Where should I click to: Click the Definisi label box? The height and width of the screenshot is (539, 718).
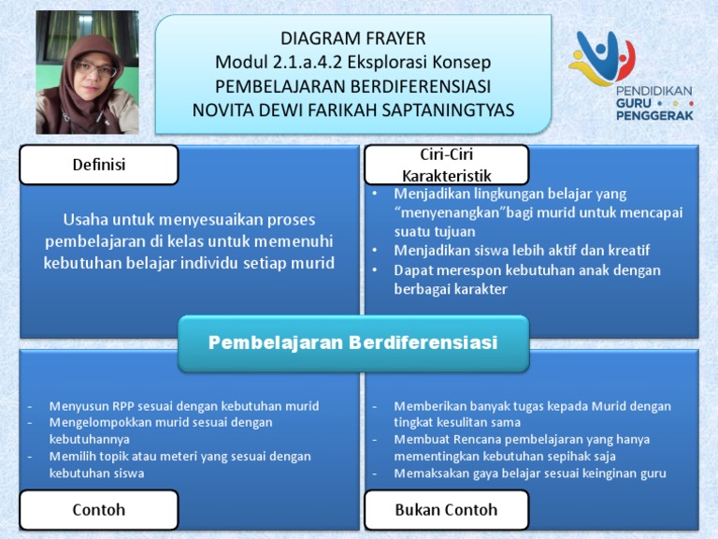[x=98, y=165]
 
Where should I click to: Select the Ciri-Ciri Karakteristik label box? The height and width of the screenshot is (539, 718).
[x=445, y=165]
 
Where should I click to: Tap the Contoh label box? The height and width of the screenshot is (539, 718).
[x=98, y=510]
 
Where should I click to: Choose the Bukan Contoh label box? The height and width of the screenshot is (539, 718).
[x=445, y=510]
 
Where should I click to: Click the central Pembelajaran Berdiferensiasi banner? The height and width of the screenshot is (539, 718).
[x=352, y=342]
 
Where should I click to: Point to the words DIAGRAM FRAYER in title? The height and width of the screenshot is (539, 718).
[x=352, y=38]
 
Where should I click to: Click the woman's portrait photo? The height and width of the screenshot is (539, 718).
[x=87, y=73]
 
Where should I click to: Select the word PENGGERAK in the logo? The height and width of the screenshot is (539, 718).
[x=653, y=117]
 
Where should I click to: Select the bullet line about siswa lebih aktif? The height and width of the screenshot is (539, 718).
[x=522, y=251]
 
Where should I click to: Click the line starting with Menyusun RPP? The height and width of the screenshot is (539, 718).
[x=184, y=406]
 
